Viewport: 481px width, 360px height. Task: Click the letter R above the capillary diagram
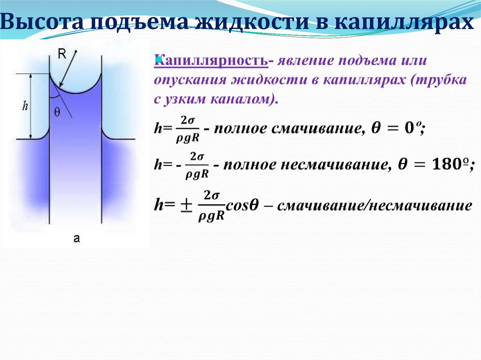tap(62, 54)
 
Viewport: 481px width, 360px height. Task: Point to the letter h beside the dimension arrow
tap(25, 106)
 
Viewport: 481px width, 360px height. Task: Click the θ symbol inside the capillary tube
tap(57, 111)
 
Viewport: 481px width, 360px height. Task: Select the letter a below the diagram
tap(77, 239)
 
